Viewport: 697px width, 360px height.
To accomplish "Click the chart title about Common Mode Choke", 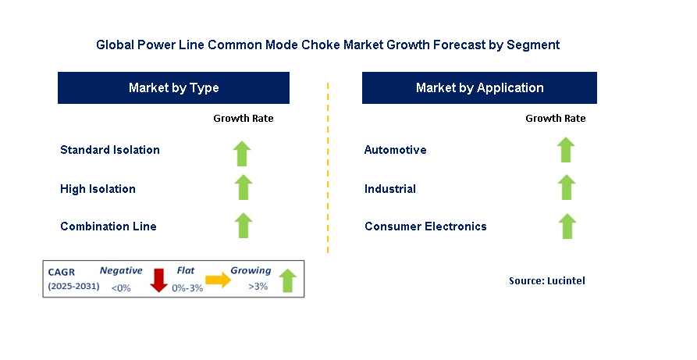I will [328, 45].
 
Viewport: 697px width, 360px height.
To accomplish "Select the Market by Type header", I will [173, 88].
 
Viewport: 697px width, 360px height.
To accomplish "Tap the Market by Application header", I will [479, 88].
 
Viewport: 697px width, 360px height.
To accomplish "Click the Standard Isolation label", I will [110, 150].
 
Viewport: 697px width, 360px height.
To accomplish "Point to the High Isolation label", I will [98, 189].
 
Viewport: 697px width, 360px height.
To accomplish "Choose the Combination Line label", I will [108, 226].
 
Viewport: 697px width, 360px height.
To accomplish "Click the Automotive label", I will [396, 150].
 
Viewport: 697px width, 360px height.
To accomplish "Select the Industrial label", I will [390, 189].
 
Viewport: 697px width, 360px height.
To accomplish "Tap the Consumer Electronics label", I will [425, 226].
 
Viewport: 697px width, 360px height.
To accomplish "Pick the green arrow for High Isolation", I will [244, 188].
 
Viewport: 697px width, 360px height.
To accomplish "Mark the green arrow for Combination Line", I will [244, 226].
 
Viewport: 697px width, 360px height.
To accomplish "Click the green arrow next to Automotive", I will [566, 150].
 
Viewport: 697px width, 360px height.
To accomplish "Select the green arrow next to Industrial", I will [566, 188].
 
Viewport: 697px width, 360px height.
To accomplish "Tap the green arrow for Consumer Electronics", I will [566, 226].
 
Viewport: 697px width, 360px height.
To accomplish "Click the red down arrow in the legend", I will [159, 280].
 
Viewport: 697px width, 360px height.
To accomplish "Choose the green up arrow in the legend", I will [287, 280].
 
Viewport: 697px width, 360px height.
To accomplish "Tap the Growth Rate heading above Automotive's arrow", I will [555, 119].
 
